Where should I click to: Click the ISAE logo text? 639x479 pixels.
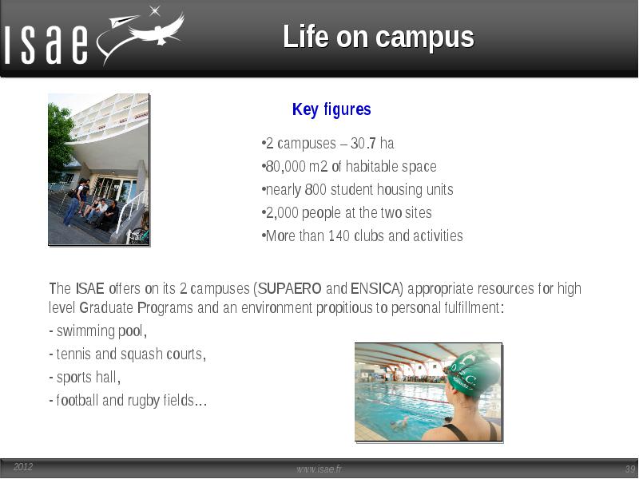click(46, 45)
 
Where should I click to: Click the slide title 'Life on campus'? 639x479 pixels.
click(379, 37)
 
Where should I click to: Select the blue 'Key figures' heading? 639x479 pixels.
click(331, 109)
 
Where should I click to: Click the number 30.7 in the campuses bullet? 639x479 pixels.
click(363, 144)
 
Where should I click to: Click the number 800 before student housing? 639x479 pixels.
click(316, 189)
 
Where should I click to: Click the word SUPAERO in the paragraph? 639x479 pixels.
click(290, 288)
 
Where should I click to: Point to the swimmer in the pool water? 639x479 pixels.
click(400, 423)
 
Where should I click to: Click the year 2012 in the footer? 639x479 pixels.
click(23, 467)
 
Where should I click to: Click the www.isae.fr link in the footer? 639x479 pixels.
click(319, 469)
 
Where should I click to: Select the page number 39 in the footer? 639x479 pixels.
click(630, 469)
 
